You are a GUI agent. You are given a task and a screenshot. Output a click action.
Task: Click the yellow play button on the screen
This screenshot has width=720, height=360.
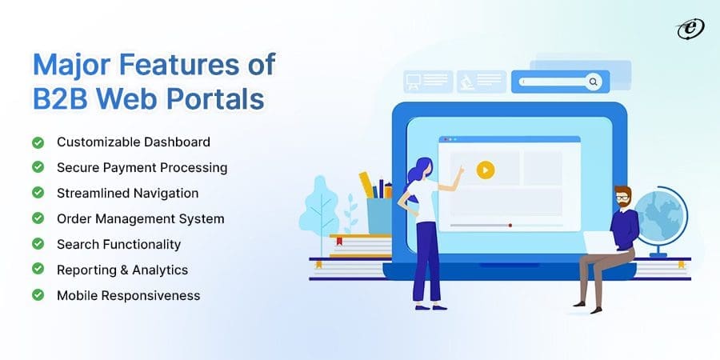pyautogui.click(x=485, y=170)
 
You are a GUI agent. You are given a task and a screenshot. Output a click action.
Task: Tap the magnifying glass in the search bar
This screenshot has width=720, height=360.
pyautogui.click(x=593, y=81)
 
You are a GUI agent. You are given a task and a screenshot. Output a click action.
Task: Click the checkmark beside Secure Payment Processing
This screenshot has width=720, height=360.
pyautogui.click(x=38, y=168)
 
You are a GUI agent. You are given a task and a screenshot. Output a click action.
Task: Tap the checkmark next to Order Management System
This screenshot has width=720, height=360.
pyautogui.click(x=38, y=218)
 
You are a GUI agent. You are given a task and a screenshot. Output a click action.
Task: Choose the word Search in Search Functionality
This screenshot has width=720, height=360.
pyautogui.click(x=77, y=244)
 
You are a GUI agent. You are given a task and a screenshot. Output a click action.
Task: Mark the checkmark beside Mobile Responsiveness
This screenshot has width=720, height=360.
pyautogui.click(x=38, y=295)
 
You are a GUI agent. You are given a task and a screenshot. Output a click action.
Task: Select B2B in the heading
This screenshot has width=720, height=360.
pyautogui.click(x=59, y=99)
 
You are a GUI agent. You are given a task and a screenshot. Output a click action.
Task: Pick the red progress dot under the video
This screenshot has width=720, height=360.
pyautogui.click(x=510, y=226)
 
